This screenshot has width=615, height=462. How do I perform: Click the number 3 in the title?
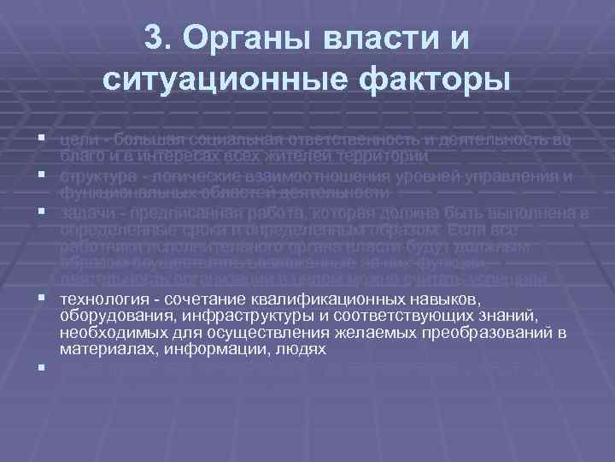click(x=155, y=38)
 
